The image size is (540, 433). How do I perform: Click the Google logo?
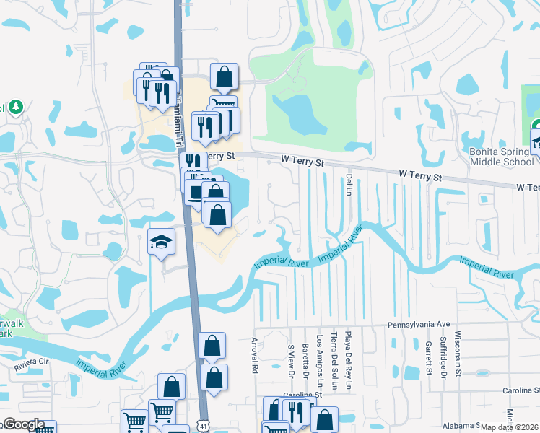24,424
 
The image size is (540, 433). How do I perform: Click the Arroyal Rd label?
254,355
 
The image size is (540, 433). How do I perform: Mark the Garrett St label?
428,358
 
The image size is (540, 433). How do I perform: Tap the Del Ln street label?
348,185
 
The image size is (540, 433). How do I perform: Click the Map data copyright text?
510,427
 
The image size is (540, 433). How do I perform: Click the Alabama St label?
498,426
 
